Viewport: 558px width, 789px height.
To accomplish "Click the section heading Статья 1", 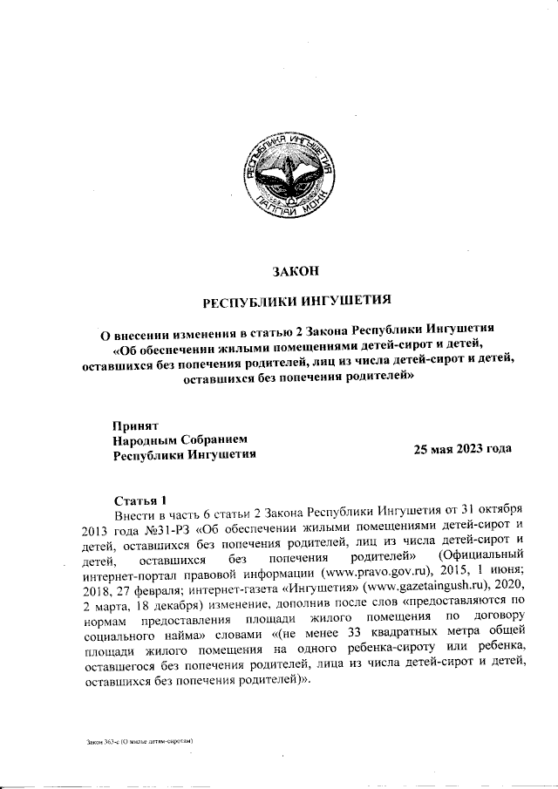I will [x=139, y=500].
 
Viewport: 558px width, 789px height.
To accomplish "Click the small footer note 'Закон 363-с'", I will [x=101, y=741].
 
